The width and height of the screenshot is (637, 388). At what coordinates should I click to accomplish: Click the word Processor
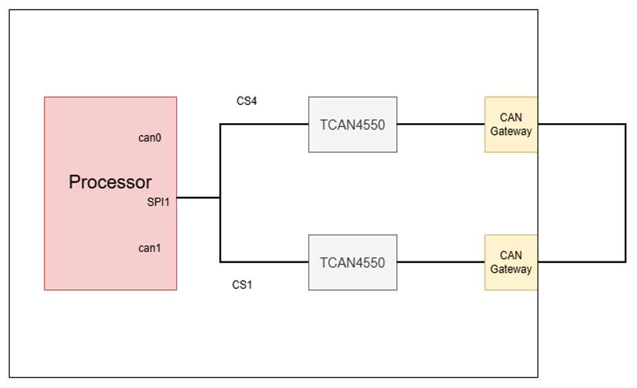point(110,182)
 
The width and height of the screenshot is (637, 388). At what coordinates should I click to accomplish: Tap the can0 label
point(149,138)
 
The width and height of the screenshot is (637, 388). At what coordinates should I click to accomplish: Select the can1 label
point(149,248)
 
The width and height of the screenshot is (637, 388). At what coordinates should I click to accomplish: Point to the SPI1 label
point(158,202)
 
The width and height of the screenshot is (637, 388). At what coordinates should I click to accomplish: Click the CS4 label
point(247,101)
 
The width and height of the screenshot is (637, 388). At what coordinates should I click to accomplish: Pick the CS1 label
point(242,285)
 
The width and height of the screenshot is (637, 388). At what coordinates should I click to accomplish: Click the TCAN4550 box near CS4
point(353,124)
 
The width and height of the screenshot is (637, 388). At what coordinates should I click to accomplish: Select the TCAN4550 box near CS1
point(353,262)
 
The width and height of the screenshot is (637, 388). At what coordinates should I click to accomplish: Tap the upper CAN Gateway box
point(511,124)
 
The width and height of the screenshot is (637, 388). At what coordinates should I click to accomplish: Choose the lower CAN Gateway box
point(511,262)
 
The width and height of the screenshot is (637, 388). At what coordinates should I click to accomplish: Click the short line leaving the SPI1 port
point(199,198)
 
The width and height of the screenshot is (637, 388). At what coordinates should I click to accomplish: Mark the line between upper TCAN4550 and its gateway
point(441,124)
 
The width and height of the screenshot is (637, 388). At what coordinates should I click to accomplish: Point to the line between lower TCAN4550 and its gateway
point(441,262)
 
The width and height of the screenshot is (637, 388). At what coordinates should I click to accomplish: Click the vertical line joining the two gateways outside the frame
point(626,193)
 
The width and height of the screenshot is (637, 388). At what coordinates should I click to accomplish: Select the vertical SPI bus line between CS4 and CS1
point(220,193)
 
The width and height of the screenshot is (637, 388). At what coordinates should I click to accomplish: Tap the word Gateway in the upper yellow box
point(511,131)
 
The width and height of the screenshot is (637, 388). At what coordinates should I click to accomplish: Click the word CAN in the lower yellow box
point(511,255)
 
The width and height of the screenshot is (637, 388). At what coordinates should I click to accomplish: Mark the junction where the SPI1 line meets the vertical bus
point(220,198)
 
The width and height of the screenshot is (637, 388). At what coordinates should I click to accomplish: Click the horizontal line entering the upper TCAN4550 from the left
point(264,124)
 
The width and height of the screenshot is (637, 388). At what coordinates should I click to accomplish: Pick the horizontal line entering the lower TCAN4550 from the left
point(264,262)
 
